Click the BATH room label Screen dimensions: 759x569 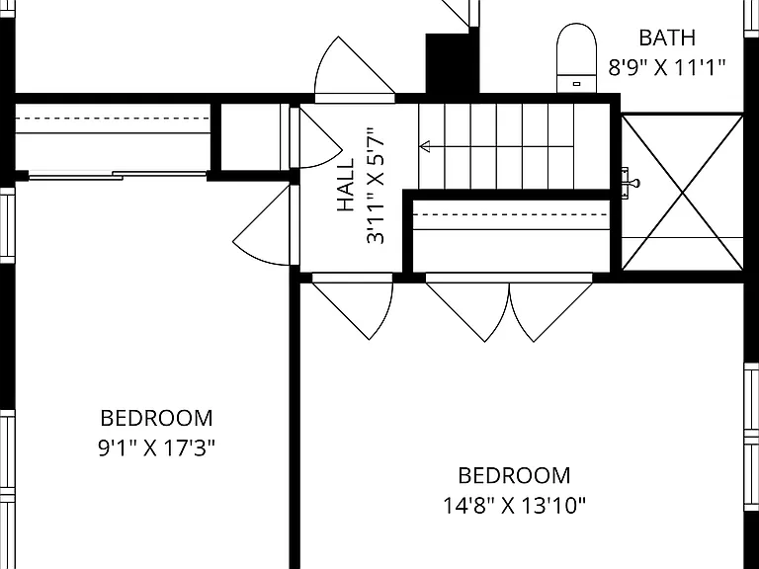tap(667, 38)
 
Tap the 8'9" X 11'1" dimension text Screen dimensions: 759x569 tap(667, 68)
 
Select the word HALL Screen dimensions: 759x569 tap(346, 186)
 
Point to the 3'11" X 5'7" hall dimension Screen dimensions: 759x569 tap(376, 186)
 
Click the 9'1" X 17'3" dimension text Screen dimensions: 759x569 tap(156, 448)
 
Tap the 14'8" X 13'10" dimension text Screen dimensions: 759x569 tap(514, 506)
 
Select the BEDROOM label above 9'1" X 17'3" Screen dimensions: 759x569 tap(156, 419)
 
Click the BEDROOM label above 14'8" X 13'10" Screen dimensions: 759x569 tap(514, 475)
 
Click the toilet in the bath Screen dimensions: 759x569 tap(576, 57)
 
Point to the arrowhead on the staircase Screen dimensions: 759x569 tap(425, 146)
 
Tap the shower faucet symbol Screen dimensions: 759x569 tap(631, 184)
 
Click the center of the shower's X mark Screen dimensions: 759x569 tap(683, 193)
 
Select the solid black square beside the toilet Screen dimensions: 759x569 tap(452, 64)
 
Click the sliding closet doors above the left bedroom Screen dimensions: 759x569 tap(118, 176)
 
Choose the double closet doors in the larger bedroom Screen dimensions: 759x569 tap(509, 307)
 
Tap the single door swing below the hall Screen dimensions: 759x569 tap(353, 306)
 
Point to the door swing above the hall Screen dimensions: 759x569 tap(355, 70)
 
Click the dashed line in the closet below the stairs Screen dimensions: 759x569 tap(511, 214)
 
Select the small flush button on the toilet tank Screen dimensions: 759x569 tap(576, 84)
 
